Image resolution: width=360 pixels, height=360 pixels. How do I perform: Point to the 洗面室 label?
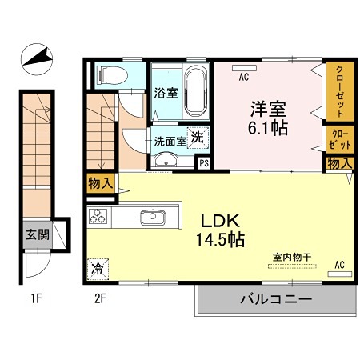coord(170,140)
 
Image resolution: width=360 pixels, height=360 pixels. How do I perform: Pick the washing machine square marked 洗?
coord(196,136)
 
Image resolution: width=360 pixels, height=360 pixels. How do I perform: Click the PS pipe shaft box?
coord(204,162)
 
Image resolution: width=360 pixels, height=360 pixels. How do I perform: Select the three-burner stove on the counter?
coord(99,217)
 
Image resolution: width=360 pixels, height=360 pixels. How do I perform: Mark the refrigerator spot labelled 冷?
coord(97,269)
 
